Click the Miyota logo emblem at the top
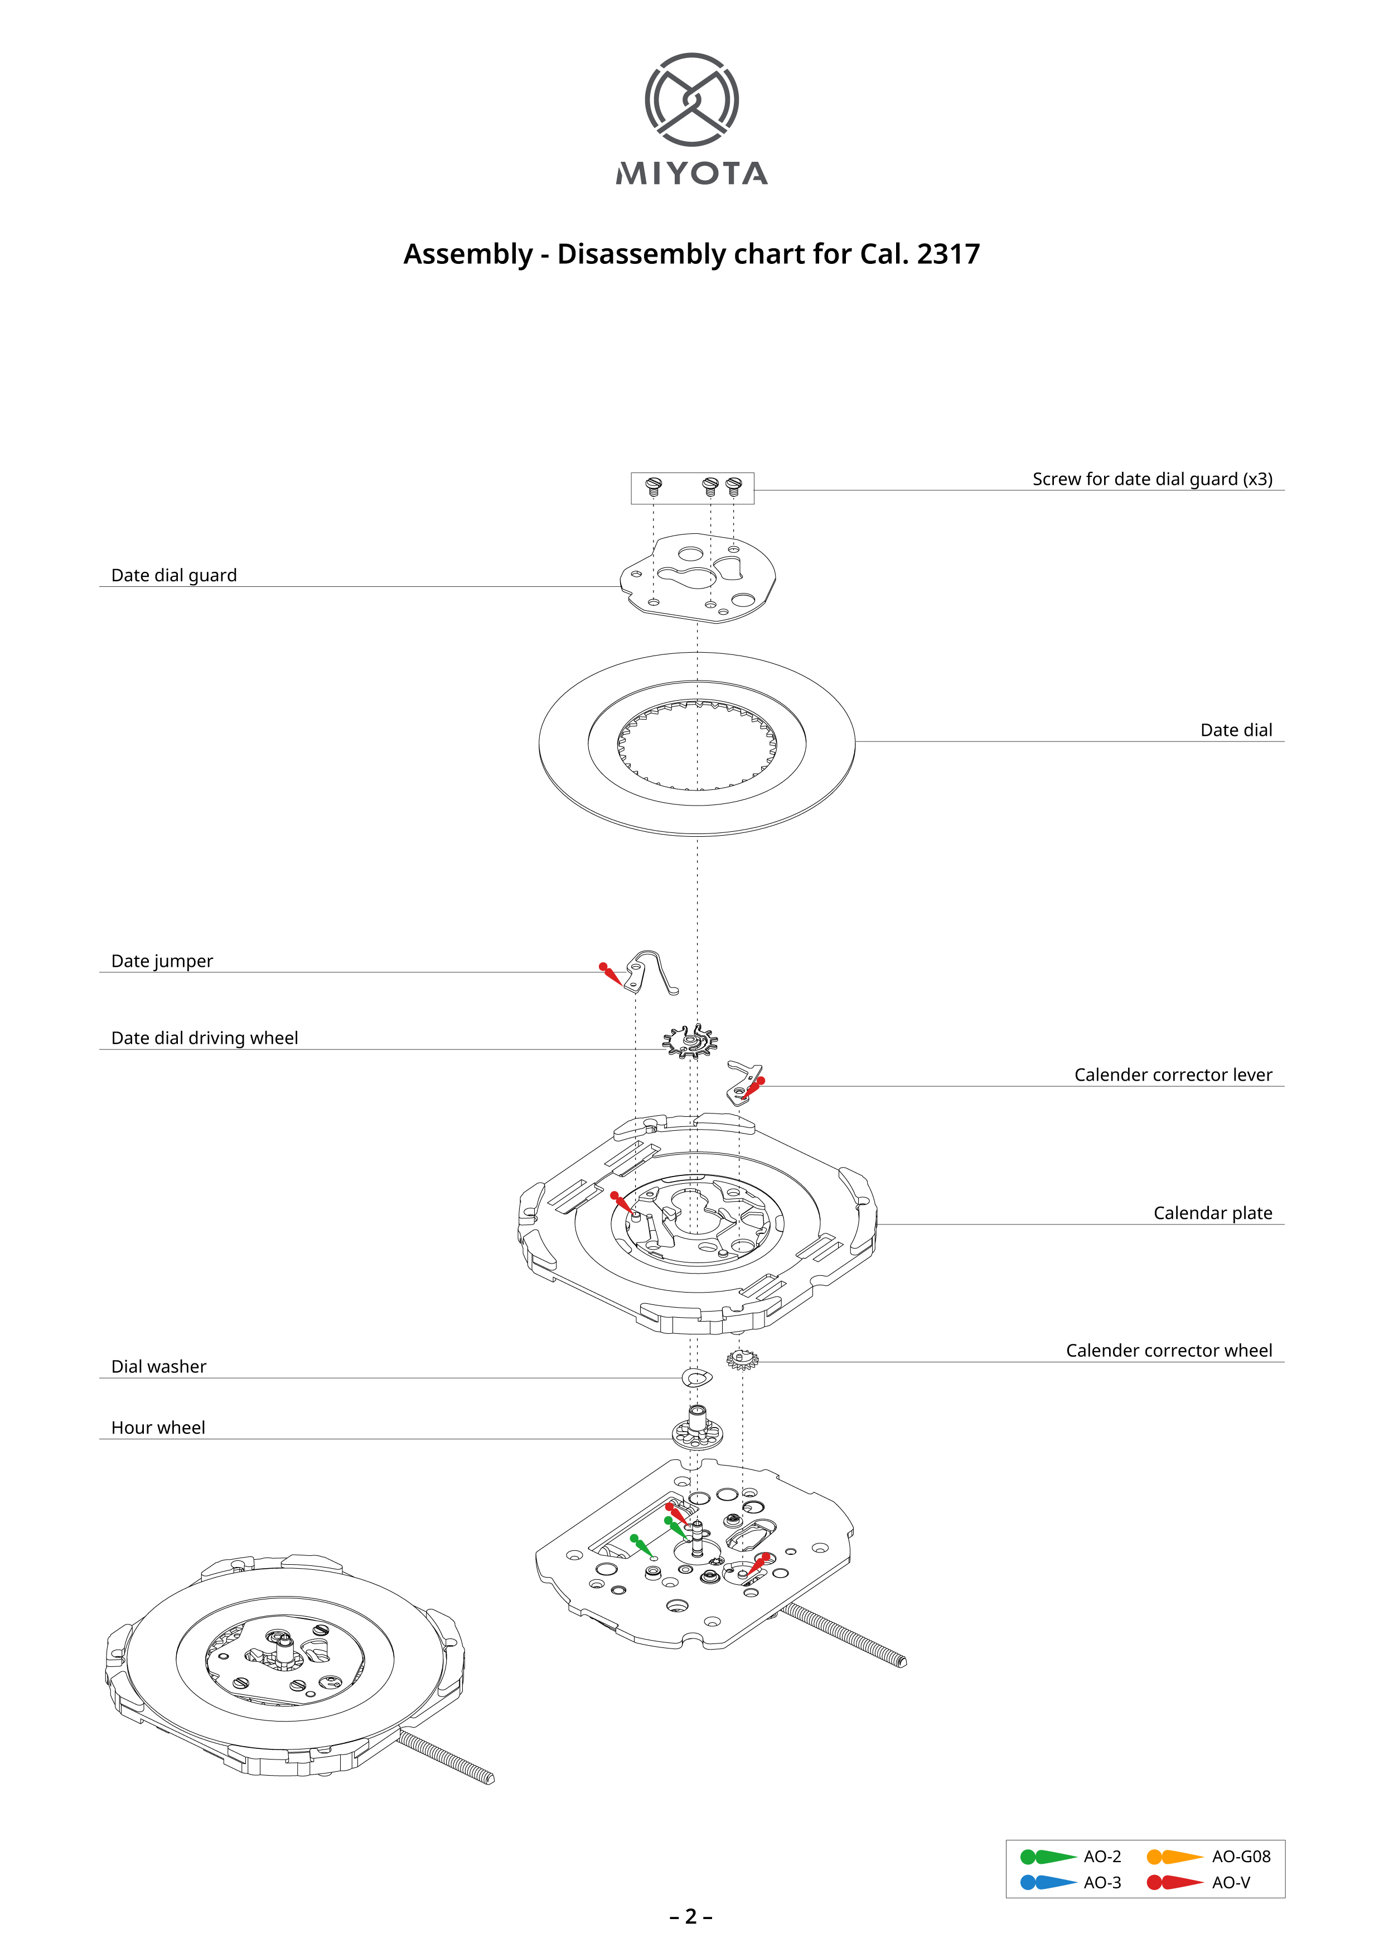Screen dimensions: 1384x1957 [x=691, y=99]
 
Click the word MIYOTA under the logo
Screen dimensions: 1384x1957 [x=691, y=174]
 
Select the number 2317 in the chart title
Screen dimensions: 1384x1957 [x=949, y=254]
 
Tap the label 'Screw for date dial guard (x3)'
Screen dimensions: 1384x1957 [x=1152, y=479]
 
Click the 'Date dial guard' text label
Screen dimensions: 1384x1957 [x=174, y=575]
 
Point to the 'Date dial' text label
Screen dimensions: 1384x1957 [x=1236, y=730]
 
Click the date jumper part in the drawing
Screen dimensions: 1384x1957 [x=651, y=972]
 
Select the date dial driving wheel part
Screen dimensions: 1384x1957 [x=690, y=1041]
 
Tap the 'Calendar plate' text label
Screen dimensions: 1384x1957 [x=1213, y=1213]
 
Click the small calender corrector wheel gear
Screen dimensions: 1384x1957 [x=742, y=1360]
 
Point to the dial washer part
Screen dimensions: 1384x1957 [x=697, y=1377]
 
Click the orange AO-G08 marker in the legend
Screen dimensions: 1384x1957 [x=1174, y=1857]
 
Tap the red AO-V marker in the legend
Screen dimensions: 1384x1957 [x=1174, y=1882]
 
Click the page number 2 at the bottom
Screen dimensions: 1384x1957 [x=691, y=1917]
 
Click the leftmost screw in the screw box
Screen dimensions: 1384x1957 [x=654, y=486]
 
